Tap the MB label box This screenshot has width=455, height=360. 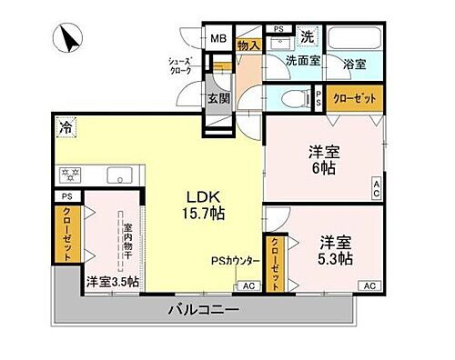pos(218,39)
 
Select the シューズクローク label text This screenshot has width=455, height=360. pos(179,66)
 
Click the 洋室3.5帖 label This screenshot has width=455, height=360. pos(112,282)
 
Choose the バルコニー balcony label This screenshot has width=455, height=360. pos(202,310)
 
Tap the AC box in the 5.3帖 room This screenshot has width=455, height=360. pos(369,285)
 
